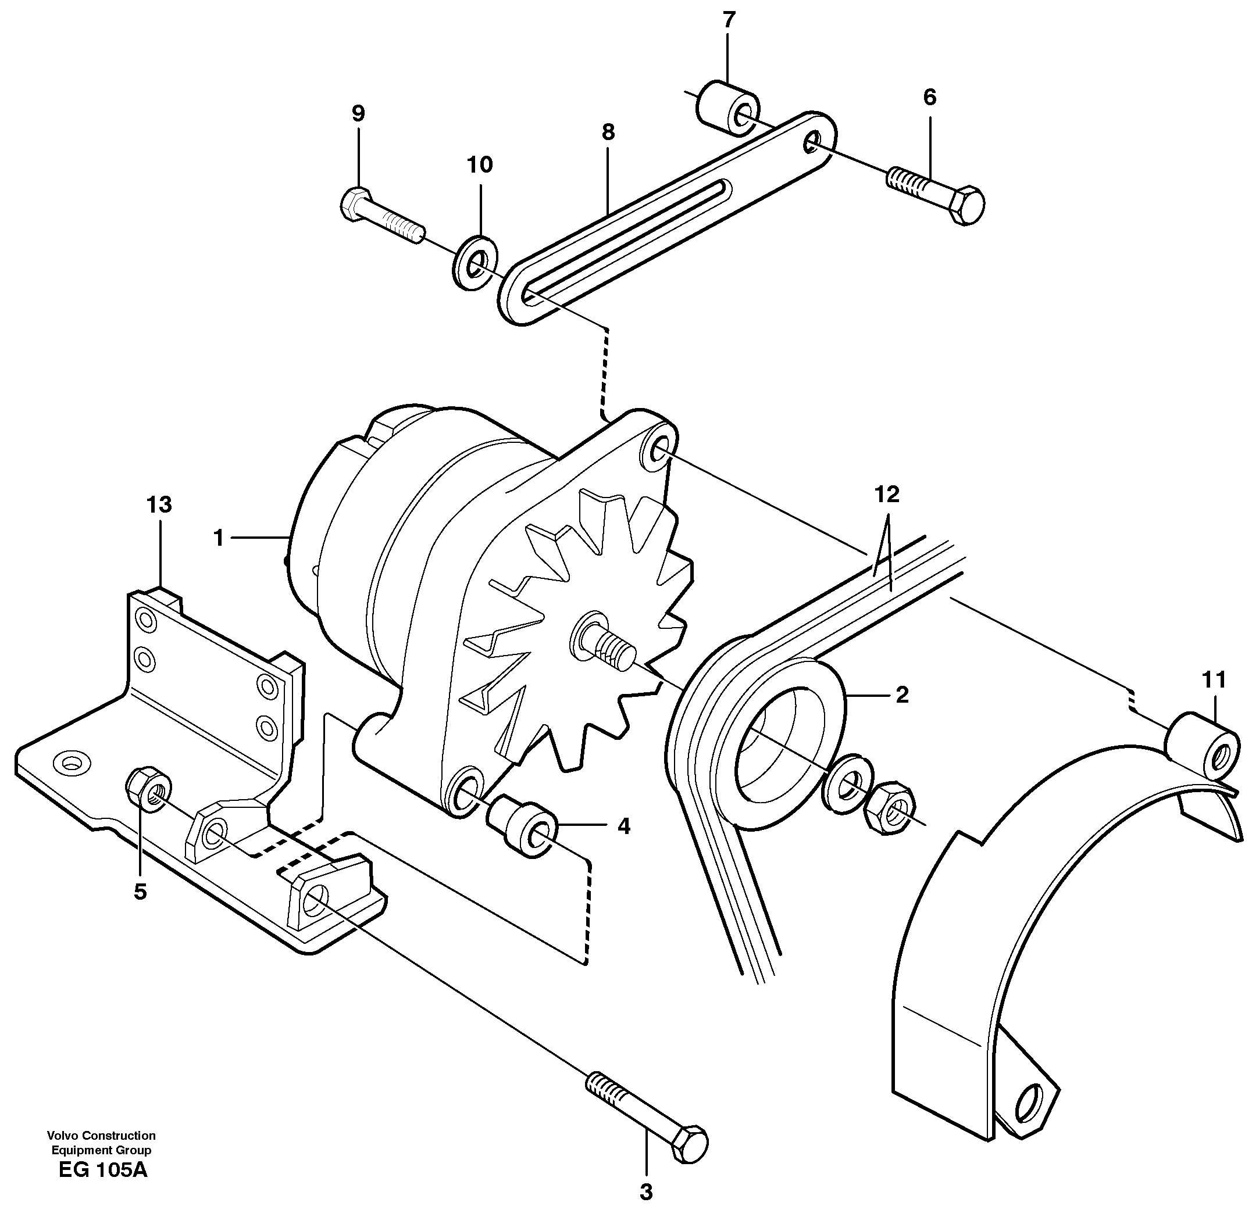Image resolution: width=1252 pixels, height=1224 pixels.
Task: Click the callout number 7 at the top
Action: [727, 20]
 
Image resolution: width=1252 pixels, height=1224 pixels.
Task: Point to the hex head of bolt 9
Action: [354, 204]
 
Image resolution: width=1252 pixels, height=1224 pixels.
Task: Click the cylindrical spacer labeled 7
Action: [727, 109]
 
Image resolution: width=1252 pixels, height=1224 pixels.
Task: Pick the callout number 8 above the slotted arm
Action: [608, 133]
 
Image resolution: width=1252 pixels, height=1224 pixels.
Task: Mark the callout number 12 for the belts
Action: [887, 495]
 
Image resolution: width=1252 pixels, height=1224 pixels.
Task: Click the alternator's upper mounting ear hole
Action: [658, 449]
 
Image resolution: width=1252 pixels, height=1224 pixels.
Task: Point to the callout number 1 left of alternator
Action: [219, 538]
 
